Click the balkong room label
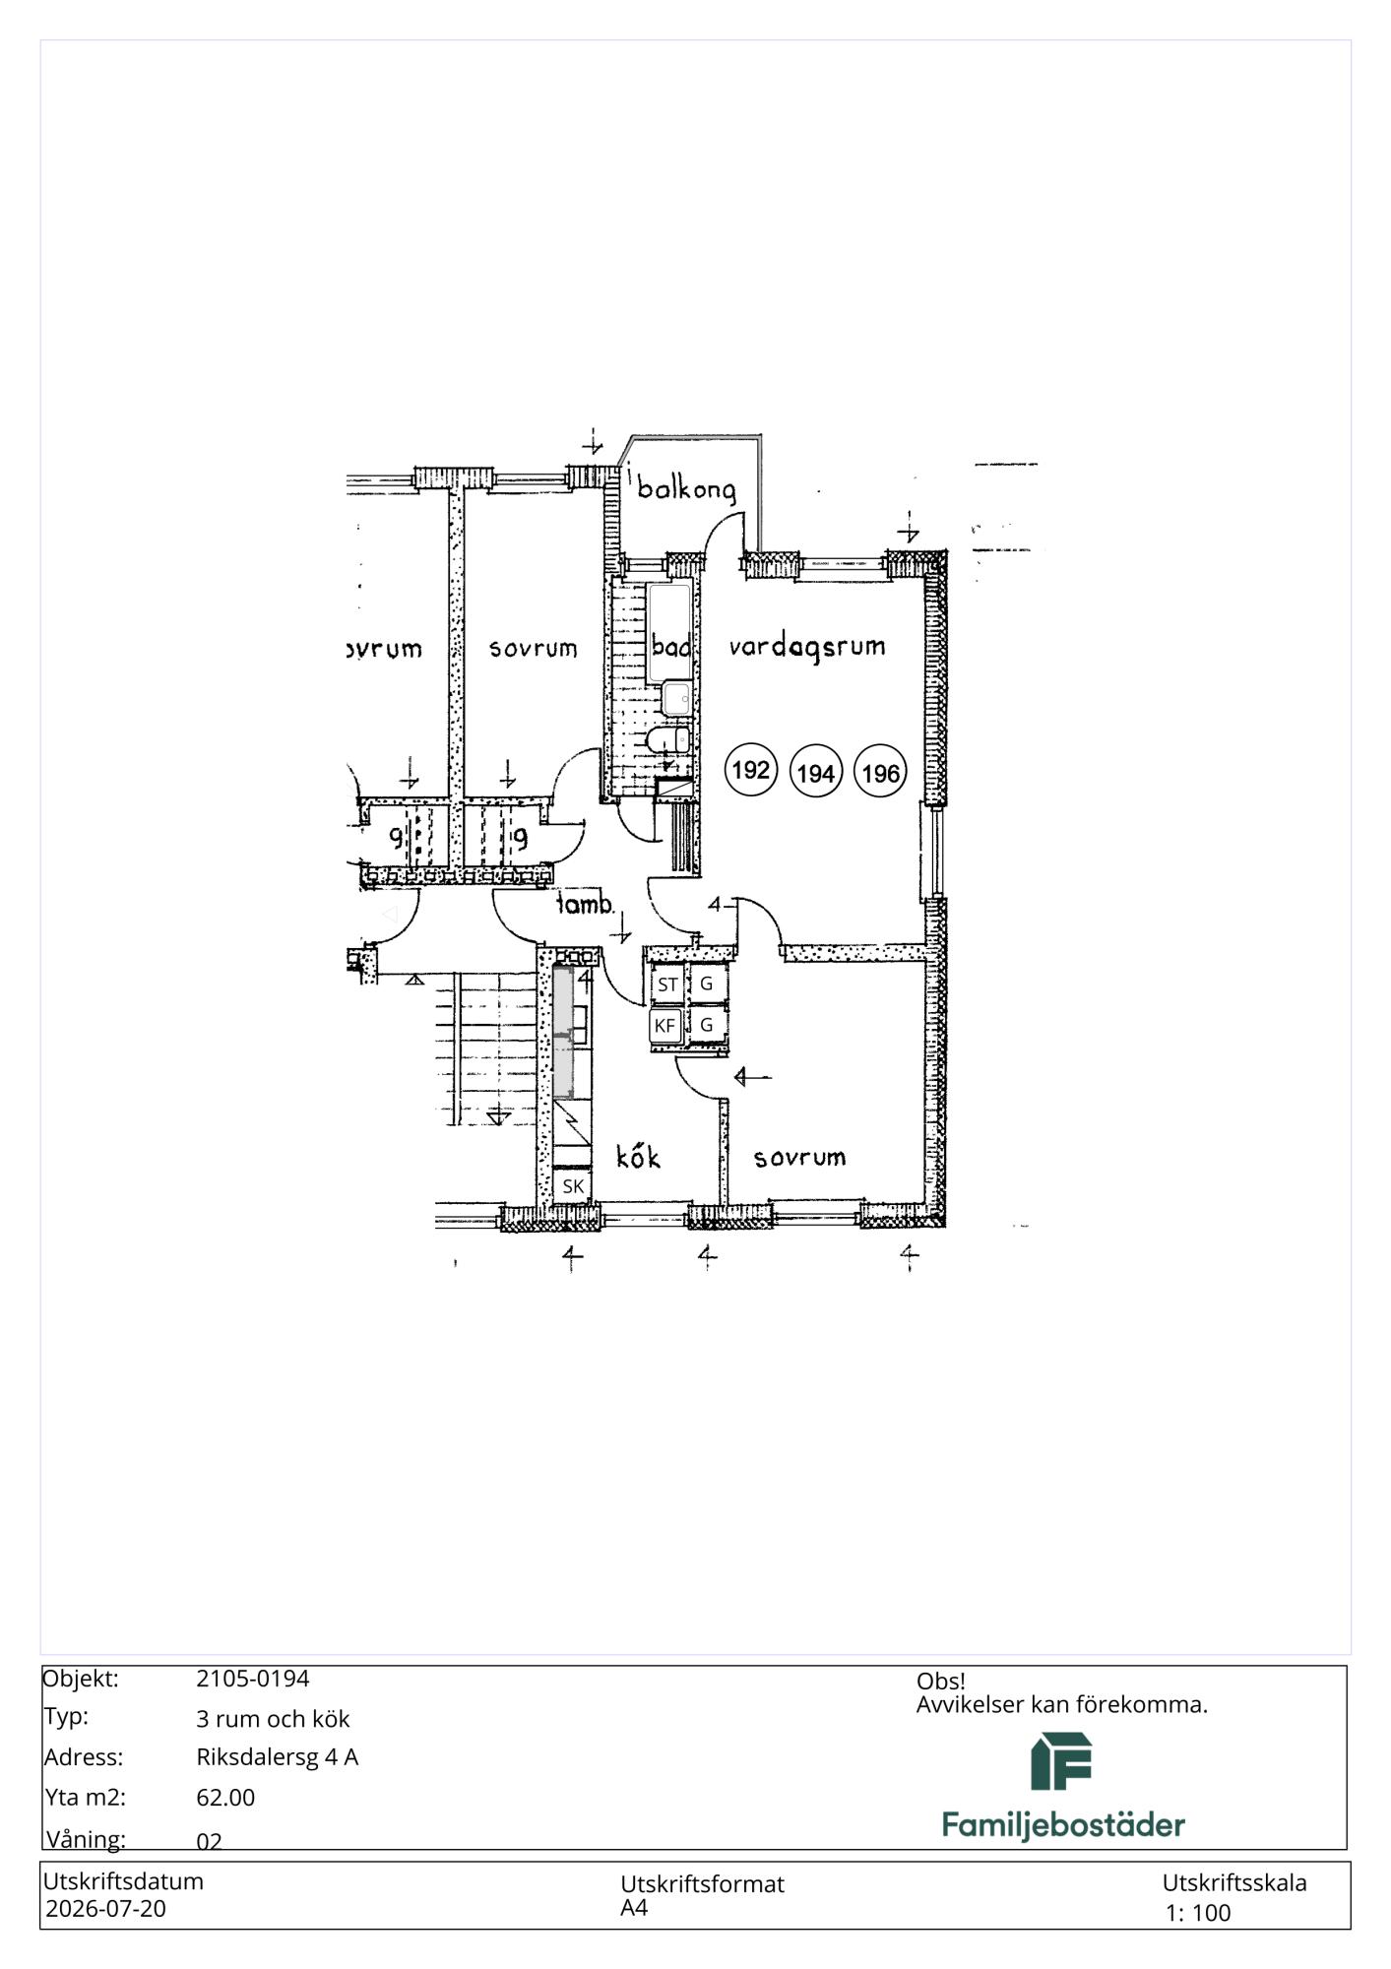686,489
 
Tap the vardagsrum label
807,648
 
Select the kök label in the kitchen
638,1156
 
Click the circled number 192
751,769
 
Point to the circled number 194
816,773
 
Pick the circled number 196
880,773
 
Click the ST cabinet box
667,984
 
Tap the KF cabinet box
665,1026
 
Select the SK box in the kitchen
573,1186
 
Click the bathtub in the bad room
669,632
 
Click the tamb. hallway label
586,904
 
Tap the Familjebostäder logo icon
1061,1761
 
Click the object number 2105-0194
253,1679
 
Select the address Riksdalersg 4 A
278,1757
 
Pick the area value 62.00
225,1798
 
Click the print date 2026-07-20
106,1909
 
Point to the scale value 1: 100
1198,1913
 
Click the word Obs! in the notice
941,1682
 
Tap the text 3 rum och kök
273,1719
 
